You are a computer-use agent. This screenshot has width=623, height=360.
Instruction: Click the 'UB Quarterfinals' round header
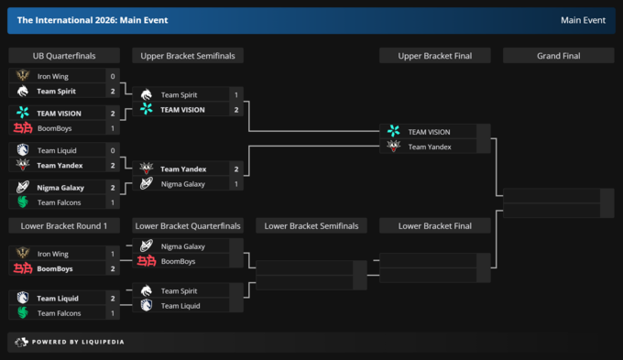[x=64, y=56]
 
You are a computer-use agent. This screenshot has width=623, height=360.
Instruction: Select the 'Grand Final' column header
[x=558, y=56]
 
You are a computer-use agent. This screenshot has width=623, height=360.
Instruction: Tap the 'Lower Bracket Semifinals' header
[x=311, y=226]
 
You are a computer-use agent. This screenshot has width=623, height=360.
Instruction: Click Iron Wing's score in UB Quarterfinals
[x=113, y=76]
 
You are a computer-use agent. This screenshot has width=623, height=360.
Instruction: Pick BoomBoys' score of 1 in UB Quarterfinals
[x=113, y=128]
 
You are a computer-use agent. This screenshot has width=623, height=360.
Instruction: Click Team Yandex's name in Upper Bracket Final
[x=430, y=147]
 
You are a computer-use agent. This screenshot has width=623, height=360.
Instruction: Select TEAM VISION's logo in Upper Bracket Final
[x=393, y=131]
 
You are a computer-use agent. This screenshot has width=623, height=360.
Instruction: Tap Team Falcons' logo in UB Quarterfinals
[x=23, y=202]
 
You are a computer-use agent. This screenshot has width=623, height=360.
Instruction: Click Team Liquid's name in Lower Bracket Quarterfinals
[x=180, y=306]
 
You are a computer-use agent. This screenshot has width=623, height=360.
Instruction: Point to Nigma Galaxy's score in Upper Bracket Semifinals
[x=236, y=184]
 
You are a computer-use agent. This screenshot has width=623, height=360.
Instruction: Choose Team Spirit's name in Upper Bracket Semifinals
[x=179, y=95]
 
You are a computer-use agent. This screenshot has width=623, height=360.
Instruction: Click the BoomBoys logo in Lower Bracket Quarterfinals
[x=147, y=261]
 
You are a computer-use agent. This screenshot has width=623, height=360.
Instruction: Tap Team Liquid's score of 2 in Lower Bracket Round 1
[x=113, y=299]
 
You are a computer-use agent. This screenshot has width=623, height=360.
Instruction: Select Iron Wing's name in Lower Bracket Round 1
[x=53, y=254]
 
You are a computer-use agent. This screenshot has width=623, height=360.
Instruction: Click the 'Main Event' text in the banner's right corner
[x=583, y=20]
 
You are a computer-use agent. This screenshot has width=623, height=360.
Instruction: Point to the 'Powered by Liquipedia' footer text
[x=78, y=342]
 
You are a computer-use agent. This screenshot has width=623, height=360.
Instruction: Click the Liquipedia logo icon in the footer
[x=21, y=342]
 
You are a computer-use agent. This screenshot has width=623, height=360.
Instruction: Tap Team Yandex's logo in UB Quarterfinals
[x=23, y=165]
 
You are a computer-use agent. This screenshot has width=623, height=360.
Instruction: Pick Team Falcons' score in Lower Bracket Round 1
[x=113, y=313]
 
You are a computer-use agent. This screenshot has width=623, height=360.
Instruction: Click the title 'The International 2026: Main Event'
[x=93, y=20]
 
